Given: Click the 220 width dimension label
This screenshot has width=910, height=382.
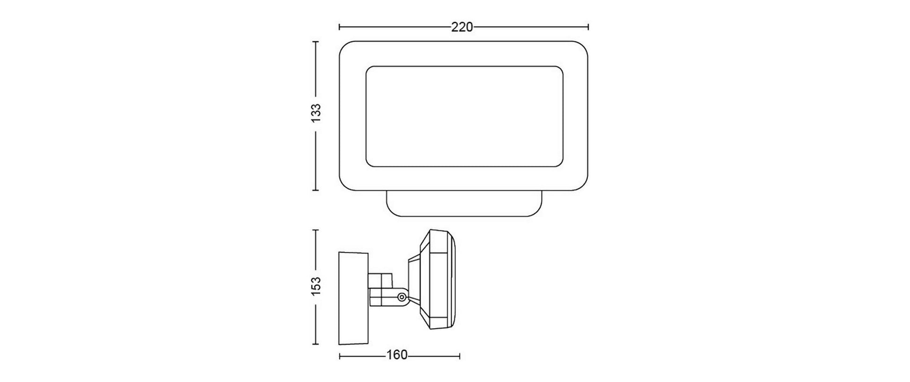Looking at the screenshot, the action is (x=462, y=27).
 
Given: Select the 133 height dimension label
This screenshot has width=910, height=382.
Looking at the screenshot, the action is (x=317, y=114).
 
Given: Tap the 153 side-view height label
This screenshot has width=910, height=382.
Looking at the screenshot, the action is (x=317, y=286).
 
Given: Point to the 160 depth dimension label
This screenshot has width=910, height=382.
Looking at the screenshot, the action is (x=397, y=355).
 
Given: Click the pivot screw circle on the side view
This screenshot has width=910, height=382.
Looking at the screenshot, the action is (x=401, y=297).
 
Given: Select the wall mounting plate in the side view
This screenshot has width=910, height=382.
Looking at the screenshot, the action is (x=353, y=298).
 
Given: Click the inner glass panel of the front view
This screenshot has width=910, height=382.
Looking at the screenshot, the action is (x=464, y=116).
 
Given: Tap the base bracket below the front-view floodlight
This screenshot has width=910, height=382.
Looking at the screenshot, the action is (x=464, y=204).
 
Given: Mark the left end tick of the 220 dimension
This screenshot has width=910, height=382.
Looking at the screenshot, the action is (x=339, y=27).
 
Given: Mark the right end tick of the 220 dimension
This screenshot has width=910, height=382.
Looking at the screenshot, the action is (x=588, y=27).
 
